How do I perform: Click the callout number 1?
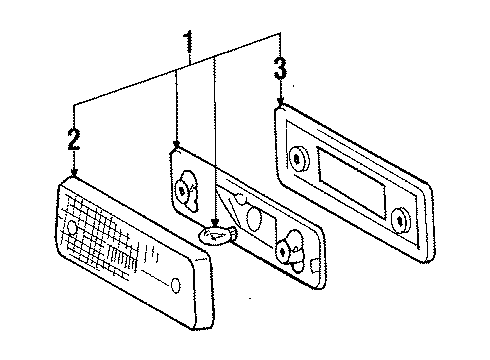(189, 42)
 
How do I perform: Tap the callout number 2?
(74, 139)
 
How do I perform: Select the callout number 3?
(280, 68)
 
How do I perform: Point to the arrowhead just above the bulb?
(216, 222)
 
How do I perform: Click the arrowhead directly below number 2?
(74, 173)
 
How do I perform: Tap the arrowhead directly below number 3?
(281, 101)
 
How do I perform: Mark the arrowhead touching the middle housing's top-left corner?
(177, 144)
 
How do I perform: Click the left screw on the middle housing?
(182, 191)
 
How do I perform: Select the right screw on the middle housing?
(283, 252)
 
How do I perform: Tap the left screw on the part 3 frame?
(296, 159)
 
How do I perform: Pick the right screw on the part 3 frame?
(400, 220)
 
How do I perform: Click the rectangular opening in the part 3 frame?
(352, 182)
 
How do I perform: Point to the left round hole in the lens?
(72, 227)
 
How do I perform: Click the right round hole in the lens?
(176, 285)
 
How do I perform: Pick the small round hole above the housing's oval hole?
(240, 199)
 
